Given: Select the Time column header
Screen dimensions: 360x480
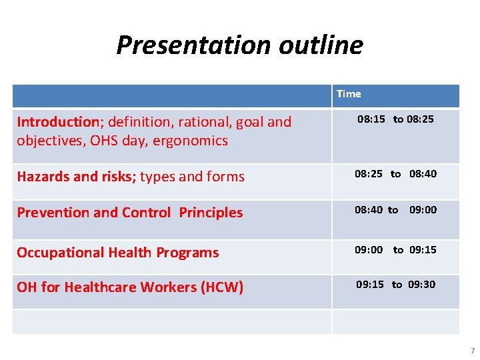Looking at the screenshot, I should (x=349, y=94).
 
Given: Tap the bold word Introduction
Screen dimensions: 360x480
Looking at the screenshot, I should (x=58, y=121).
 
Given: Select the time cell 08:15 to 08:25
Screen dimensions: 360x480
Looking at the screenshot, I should (x=395, y=119).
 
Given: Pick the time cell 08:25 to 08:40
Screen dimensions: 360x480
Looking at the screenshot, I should (x=395, y=174).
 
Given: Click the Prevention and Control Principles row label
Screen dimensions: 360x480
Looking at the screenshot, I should (x=130, y=213).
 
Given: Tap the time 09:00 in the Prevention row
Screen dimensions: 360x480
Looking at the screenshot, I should (x=423, y=210).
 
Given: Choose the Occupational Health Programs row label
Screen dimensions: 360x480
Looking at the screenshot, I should (x=118, y=253).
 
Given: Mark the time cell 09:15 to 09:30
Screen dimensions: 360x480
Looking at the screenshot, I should (x=395, y=285).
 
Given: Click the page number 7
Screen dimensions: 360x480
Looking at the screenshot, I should (x=472, y=351).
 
